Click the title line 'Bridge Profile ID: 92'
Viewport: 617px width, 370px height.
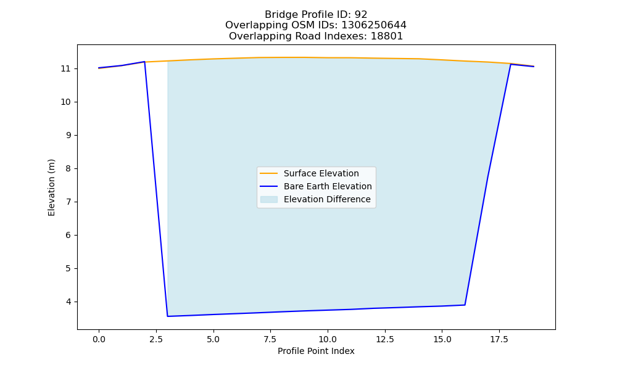pos(316,15)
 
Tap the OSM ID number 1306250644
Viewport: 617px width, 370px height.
pos(374,25)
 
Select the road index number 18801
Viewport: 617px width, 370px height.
pos(387,36)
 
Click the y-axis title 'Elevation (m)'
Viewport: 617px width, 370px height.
pos(52,187)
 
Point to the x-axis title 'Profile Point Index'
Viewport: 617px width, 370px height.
pos(316,351)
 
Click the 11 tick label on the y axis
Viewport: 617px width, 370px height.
pos(65,69)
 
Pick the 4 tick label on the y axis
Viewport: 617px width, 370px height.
pos(68,302)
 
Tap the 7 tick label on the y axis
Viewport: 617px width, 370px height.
pos(68,202)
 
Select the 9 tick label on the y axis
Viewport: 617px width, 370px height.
pos(68,135)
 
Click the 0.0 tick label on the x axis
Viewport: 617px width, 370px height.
pos(99,339)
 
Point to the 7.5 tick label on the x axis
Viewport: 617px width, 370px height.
pos(270,339)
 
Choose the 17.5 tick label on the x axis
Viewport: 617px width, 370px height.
pos(499,339)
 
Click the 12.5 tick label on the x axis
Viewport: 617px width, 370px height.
pos(385,339)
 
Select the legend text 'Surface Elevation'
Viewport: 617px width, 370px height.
pos(321,173)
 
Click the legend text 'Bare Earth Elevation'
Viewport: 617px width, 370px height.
pos(328,186)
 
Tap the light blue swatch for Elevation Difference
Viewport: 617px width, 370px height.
pos(269,199)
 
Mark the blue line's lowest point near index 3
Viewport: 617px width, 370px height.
pos(168,316)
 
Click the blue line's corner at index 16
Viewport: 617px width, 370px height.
pos(465,305)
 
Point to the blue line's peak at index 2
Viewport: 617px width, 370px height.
pos(144,62)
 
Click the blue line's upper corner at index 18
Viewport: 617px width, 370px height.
pos(511,64)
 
